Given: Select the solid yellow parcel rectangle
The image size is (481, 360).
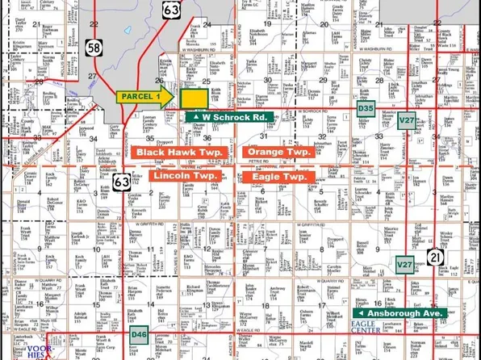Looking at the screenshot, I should pyautogui.click(x=193, y=98).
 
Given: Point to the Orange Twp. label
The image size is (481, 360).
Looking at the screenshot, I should pyautogui.click(x=279, y=152).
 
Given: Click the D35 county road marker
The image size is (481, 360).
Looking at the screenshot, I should pyautogui.click(x=366, y=107).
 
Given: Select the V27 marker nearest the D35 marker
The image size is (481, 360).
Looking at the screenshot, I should pyautogui.click(x=407, y=120).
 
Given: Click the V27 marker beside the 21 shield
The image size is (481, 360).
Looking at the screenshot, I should pyautogui.click(x=404, y=264).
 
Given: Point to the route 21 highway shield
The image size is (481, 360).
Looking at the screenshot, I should pyautogui.click(x=437, y=256).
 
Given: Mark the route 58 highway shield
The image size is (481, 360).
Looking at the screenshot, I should pyautogui.click(x=94, y=49).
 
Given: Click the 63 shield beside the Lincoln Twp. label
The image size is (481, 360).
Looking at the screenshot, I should pyautogui.click(x=121, y=182).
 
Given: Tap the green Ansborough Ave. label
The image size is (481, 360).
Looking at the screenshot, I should pyautogui.click(x=402, y=312).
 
